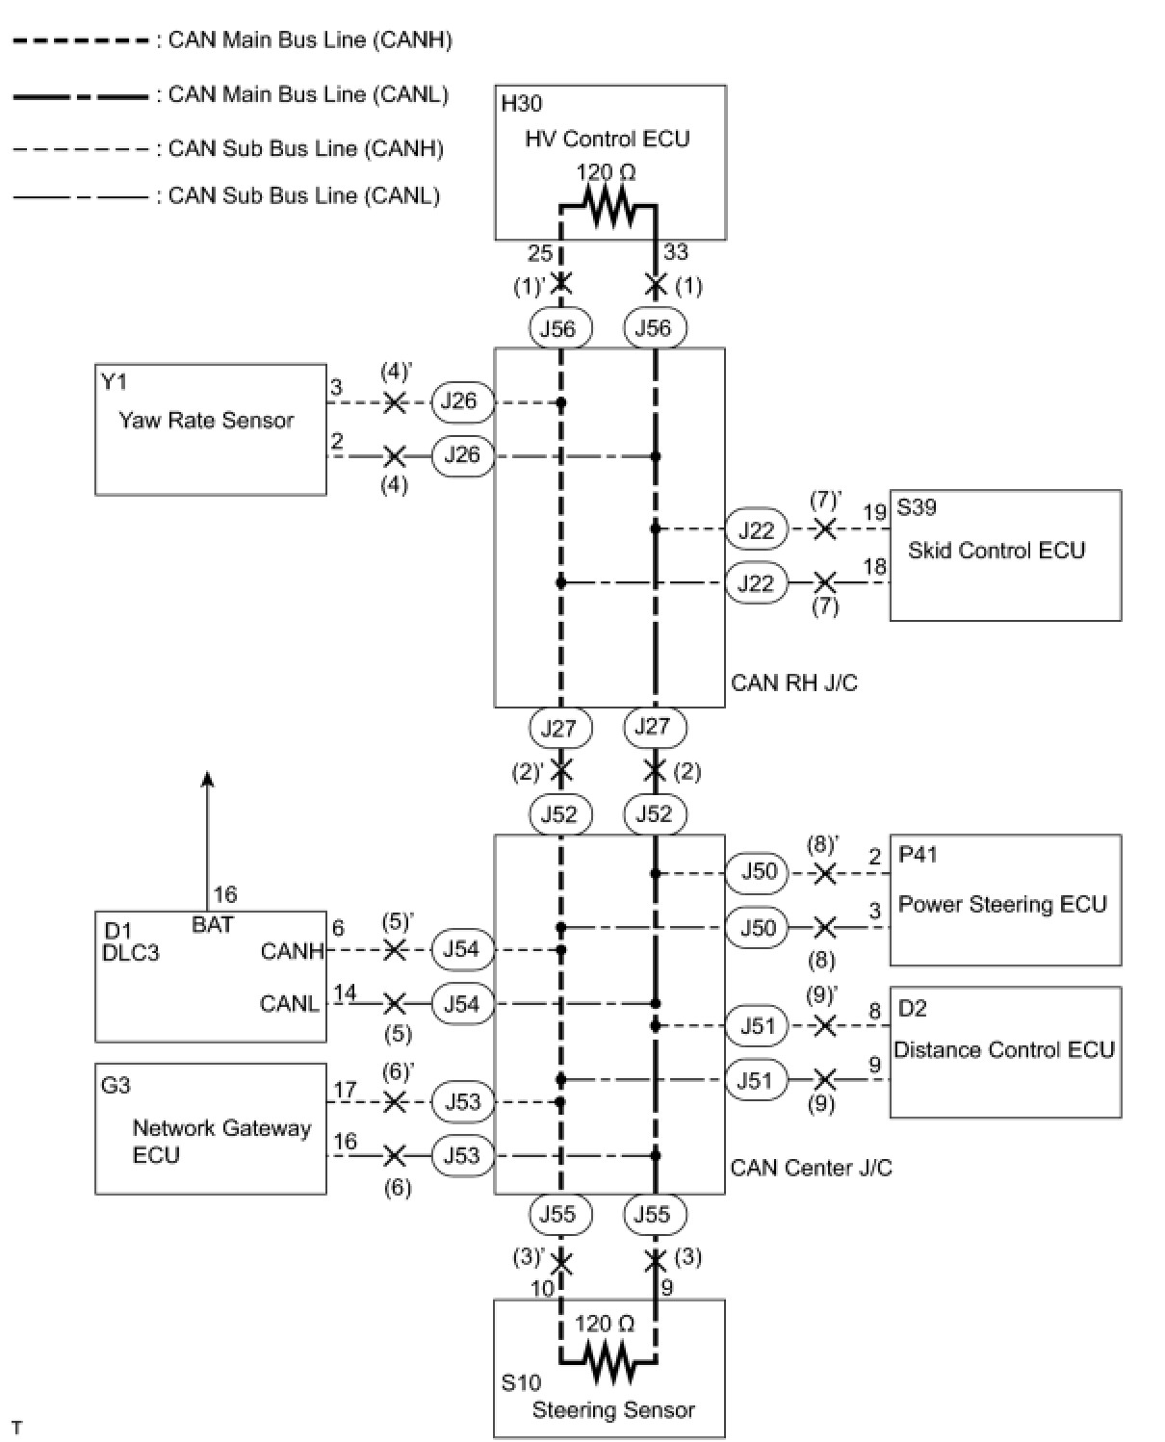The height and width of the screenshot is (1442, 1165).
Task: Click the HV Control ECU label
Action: [607, 139]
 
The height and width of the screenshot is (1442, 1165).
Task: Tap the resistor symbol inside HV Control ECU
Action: [608, 206]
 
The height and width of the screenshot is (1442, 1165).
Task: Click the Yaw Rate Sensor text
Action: [206, 420]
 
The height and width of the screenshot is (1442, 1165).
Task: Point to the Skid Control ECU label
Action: [997, 551]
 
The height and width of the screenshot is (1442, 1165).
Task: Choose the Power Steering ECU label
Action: [1002, 904]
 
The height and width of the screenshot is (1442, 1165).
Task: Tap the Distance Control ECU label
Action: [1004, 1049]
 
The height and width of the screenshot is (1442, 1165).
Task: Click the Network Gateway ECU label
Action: [220, 1141]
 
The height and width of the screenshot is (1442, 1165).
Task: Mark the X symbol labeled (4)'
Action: [394, 402]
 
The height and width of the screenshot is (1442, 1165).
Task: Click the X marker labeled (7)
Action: [824, 582]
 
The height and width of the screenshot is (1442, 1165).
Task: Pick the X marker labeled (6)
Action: [394, 1155]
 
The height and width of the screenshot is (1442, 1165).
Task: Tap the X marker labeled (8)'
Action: [824, 873]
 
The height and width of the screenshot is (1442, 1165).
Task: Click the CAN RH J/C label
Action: [794, 683]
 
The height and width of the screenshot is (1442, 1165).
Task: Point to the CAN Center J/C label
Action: [811, 1168]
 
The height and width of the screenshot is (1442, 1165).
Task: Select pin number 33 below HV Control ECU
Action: [676, 252]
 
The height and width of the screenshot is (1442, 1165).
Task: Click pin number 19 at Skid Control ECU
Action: [874, 512]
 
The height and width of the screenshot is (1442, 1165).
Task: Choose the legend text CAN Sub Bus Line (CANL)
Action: [304, 195]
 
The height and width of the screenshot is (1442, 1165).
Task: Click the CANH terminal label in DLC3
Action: [292, 951]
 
